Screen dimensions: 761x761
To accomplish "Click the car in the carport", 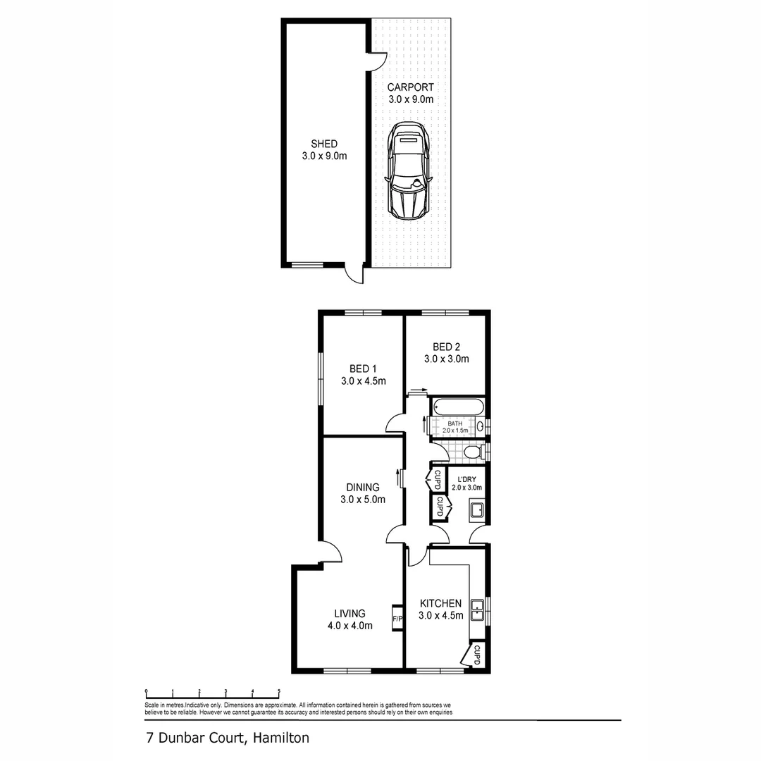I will click(x=408, y=170).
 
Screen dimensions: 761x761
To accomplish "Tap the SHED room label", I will click(x=323, y=144).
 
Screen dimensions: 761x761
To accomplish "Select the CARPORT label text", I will click(x=410, y=88).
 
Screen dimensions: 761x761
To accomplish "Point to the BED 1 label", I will click(x=364, y=368).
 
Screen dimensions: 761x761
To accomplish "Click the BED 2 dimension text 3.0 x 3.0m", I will click(x=447, y=359).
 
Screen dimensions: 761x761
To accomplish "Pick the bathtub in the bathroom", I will click(x=458, y=407).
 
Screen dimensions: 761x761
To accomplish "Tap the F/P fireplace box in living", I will click(x=397, y=619).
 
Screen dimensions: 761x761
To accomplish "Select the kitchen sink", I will click(x=477, y=609).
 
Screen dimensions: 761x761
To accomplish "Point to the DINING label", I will click(x=363, y=487).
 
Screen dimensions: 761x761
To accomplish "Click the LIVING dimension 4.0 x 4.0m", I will click(x=350, y=626).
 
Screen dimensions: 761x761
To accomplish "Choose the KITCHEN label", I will click(x=440, y=603).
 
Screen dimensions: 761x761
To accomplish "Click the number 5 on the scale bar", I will click(x=279, y=691).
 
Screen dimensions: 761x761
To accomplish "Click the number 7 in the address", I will click(x=149, y=738).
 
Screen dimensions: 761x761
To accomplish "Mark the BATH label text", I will click(x=455, y=423).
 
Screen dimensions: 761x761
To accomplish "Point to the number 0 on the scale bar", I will click(x=146, y=691).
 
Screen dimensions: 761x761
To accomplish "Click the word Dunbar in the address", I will click(x=180, y=738).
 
